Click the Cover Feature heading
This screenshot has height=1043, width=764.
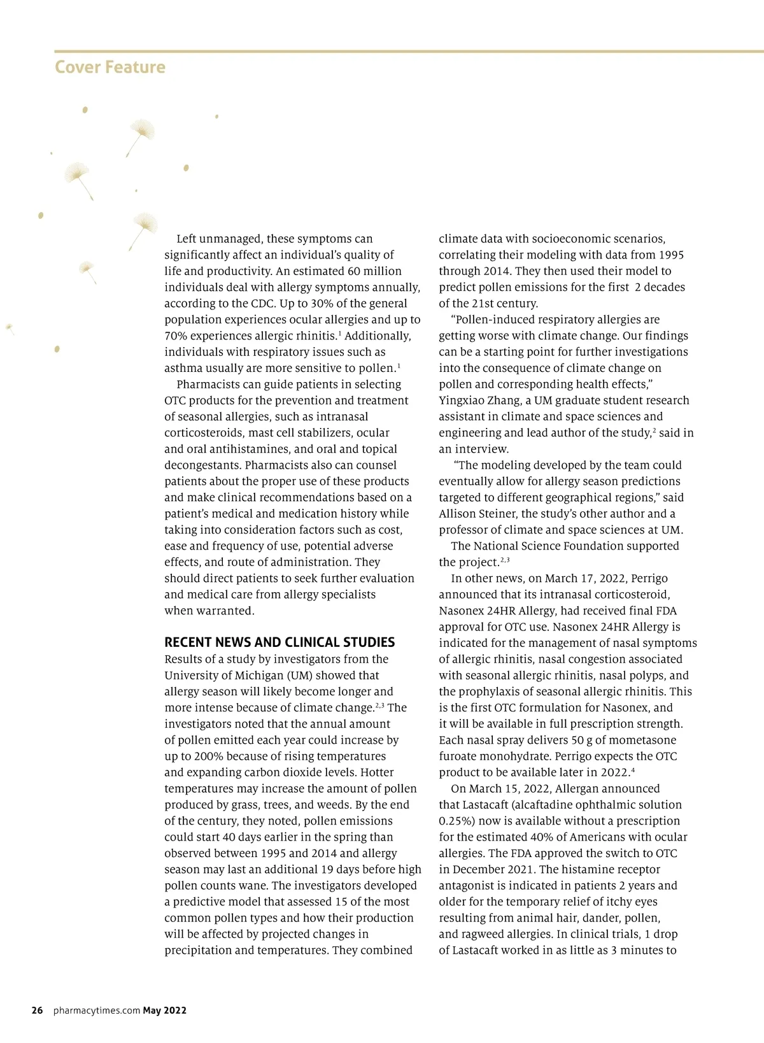(x=110, y=67)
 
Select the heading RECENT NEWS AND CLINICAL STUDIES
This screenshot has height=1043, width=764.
(x=279, y=642)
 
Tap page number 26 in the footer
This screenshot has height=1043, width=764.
(x=38, y=1010)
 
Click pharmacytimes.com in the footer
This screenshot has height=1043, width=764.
(x=97, y=1010)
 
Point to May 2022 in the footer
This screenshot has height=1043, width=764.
(x=165, y=1010)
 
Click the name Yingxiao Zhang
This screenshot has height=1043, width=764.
(x=479, y=400)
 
